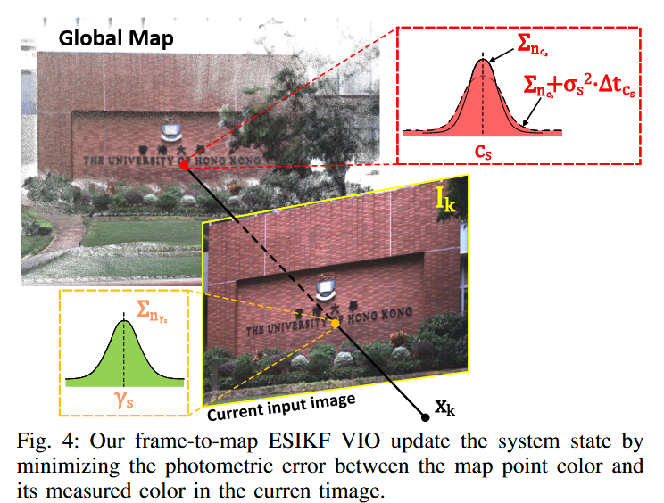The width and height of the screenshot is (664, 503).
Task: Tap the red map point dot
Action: pyautogui.click(x=183, y=166)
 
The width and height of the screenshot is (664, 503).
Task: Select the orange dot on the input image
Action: pyautogui.click(x=336, y=324)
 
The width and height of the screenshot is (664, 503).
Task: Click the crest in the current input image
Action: pyautogui.click(x=326, y=283)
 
